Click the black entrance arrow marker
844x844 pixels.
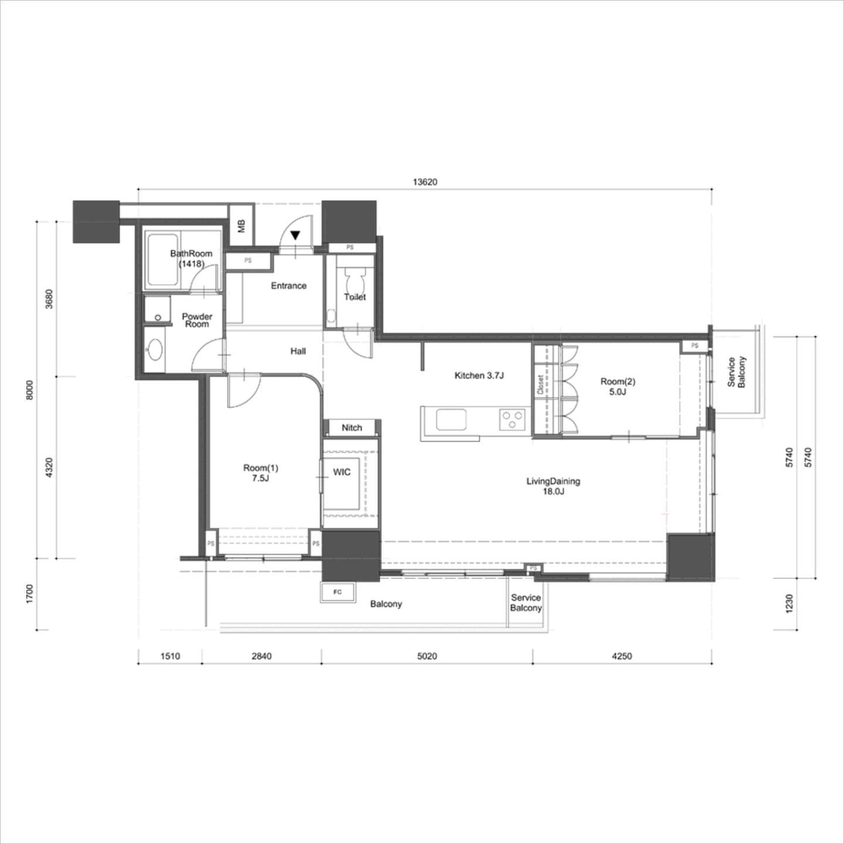295,235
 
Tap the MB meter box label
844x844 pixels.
241,226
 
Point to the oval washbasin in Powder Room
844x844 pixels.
154,350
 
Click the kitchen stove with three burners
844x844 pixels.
512,419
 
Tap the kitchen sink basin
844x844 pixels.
451,419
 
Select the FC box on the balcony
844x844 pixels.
337,592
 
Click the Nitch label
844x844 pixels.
352,427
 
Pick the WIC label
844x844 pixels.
342,472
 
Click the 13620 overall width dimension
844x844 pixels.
425,182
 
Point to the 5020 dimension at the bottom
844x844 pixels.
427,656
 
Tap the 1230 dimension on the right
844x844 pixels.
789,604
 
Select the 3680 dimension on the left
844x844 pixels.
49,299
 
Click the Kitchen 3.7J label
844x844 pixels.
479,375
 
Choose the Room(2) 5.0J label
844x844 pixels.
618,387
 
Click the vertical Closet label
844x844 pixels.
540,384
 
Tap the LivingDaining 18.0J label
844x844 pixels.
553,486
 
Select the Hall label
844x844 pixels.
298,351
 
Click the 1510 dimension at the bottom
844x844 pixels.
170,656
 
